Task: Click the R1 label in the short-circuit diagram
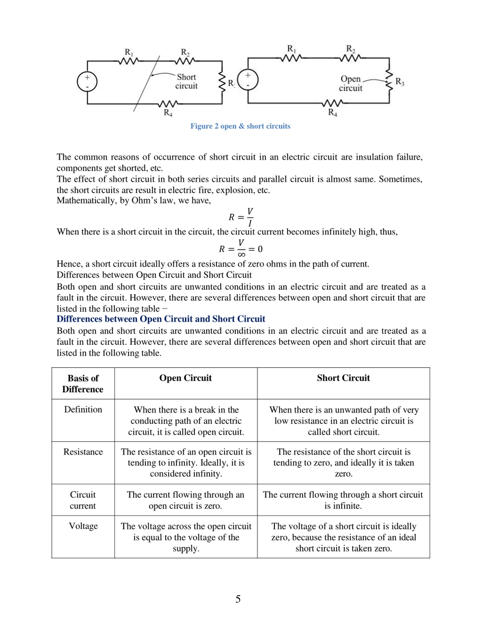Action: (x=129, y=53)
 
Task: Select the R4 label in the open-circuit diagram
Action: (x=332, y=112)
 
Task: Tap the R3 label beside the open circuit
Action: (x=400, y=82)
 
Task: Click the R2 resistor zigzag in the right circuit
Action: (x=350, y=58)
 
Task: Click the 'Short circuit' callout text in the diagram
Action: (x=186, y=81)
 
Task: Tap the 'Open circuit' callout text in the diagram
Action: (x=351, y=83)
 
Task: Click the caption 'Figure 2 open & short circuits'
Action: (x=240, y=126)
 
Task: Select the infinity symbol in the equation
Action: (x=241, y=254)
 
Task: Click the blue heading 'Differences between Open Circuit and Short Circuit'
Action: (x=161, y=319)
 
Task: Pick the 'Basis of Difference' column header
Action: (x=83, y=383)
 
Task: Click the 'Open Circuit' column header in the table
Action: (x=186, y=378)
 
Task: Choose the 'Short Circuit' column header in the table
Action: (x=343, y=378)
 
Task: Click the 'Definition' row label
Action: (x=83, y=409)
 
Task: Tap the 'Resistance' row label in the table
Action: (x=83, y=452)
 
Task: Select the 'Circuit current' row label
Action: (x=83, y=500)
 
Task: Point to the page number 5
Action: (x=238, y=599)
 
